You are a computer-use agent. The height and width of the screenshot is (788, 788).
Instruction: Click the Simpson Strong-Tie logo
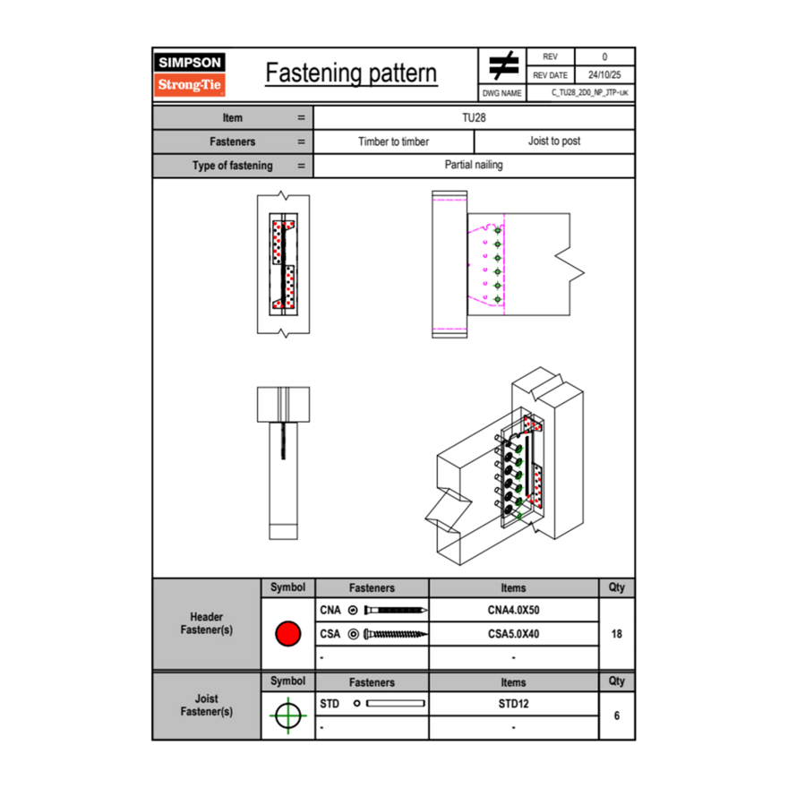point(191,74)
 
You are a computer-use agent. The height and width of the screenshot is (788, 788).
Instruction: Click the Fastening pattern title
point(351,73)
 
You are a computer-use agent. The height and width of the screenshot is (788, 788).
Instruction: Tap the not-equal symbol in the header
point(503,66)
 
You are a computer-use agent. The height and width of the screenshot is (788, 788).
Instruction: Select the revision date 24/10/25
point(604,75)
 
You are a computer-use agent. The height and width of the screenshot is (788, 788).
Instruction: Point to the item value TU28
point(474,117)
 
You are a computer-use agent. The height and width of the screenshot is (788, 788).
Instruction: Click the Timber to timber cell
point(393,141)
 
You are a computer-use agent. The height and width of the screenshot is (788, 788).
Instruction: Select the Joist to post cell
point(553,141)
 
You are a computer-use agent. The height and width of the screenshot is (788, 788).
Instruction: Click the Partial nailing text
point(474,165)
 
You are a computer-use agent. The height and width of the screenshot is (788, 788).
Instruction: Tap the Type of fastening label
point(232,166)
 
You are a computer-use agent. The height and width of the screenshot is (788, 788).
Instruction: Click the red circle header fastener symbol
point(287,634)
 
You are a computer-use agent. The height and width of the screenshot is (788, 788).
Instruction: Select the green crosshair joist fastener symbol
point(287,715)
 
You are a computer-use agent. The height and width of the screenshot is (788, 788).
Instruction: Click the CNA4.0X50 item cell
point(513,611)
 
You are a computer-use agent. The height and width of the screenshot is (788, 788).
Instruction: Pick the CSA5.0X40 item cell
point(513,634)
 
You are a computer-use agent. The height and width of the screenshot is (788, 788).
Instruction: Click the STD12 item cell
point(513,704)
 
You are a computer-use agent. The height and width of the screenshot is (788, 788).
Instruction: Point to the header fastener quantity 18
point(616,634)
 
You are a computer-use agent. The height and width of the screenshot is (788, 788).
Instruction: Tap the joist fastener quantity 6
point(616,715)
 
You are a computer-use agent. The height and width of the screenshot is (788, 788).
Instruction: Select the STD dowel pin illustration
point(395,704)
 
